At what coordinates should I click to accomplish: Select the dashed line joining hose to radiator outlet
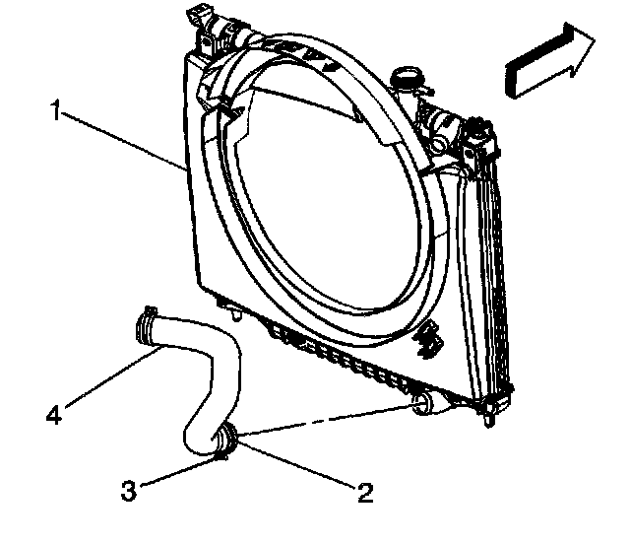click(325, 419)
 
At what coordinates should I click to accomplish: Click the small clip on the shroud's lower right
click(427, 340)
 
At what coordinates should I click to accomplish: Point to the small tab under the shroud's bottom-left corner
click(237, 315)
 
